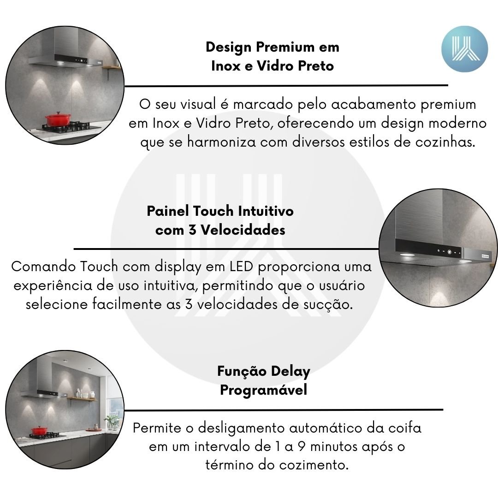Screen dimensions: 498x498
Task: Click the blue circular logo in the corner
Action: pos(464,49)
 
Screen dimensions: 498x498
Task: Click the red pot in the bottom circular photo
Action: pos(39,431)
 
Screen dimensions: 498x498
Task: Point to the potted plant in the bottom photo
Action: pos(112,422)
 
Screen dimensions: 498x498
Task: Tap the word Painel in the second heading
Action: pos(168,211)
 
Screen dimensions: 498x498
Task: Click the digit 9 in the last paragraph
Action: pos(302,447)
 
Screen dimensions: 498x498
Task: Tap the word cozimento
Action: pos(314,465)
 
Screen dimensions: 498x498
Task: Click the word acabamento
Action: pos(373,104)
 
